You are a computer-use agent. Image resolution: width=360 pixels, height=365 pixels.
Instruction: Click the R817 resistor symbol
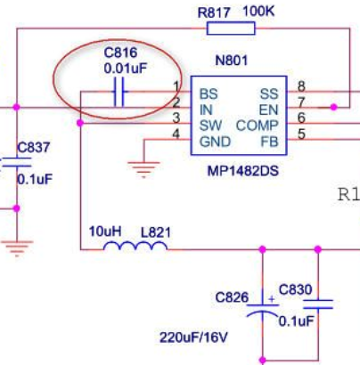point(231,28)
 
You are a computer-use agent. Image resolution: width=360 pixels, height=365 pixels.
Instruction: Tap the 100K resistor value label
point(258,12)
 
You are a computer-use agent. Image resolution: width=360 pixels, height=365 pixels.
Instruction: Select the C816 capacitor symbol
point(119,92)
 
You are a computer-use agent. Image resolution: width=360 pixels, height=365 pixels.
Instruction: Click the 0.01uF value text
point(126,69)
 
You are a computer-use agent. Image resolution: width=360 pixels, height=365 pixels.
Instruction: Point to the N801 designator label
point(231,61)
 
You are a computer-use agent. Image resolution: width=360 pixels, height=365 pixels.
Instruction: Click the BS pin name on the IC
point(209,94)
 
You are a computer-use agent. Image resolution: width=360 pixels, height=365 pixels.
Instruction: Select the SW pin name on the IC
point(210,126)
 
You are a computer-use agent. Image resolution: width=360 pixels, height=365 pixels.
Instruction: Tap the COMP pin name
point(258,126)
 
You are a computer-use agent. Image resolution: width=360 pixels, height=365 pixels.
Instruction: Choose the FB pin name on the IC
point(269,142)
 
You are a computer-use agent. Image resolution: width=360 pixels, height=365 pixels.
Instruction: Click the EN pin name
point(268,110)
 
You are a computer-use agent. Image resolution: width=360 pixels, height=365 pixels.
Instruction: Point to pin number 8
point(301,86)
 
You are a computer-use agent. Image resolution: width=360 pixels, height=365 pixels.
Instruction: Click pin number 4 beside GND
point(176,134)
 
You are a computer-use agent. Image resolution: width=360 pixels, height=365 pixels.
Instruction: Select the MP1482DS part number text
point(243,171)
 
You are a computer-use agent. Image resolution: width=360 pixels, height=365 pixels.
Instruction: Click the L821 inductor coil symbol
point(135,246)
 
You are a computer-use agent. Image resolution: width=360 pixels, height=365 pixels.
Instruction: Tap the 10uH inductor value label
point(105,231)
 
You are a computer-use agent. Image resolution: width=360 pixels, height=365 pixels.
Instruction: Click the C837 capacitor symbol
point(17,163)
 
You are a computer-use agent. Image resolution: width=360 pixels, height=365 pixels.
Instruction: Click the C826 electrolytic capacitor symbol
point(263,309)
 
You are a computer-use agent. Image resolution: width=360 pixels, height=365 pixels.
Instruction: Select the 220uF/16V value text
point(193,337)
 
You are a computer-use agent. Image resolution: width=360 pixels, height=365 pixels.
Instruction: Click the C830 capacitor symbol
point(318,304)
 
